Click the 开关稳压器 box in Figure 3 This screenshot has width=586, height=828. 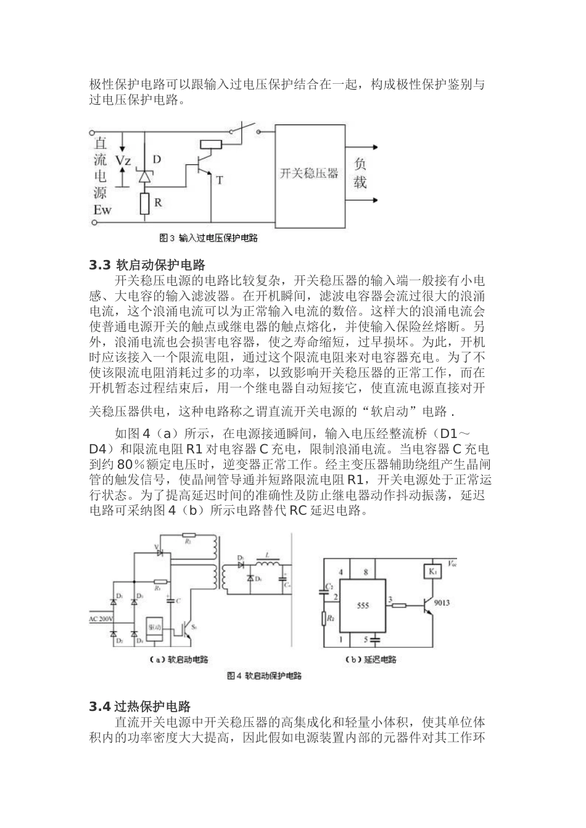(310, 174)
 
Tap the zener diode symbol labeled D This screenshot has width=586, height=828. (144, 176)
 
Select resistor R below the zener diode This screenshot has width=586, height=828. (144, 203)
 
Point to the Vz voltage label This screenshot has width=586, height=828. (123, 161)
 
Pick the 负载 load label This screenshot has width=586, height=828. (360, 173)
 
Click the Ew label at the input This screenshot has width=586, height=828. (102, 210)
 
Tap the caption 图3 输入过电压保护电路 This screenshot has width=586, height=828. (208, 238)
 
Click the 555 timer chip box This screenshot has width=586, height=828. (364, 606)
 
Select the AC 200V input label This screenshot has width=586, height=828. (101, 618)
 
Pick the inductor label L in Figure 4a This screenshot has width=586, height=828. (267, 554)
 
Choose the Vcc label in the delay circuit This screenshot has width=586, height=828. (452, 562)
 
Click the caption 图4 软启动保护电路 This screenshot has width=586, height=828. (264, 676)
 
